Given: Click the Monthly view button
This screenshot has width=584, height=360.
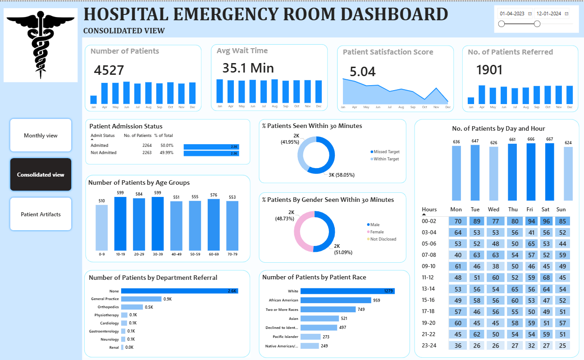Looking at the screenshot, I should pos(41,136).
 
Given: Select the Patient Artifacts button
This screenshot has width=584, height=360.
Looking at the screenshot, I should pos(41,214).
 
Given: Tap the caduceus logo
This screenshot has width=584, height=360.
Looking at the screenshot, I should pos(41,45).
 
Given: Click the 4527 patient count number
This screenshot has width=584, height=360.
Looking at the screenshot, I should pos(109,70).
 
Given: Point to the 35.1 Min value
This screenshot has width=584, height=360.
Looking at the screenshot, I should pos(248,68).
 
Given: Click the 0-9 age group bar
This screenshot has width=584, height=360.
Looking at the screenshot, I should pos(102,228).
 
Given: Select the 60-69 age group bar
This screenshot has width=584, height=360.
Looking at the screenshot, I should pos(214,224).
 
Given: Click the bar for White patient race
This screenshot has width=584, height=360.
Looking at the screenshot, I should pos(347,291).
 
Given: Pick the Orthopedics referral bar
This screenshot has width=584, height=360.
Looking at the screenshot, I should pos(132,307).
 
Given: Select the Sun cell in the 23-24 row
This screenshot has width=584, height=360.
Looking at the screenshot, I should pos(561,346).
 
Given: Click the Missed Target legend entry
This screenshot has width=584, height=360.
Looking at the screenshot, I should pos(386,152).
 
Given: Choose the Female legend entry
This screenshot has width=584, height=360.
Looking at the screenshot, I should pos(377,232).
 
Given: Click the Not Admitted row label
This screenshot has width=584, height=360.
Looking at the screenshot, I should pos(104,153).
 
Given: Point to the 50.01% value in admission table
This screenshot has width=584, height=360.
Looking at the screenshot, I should pos(161,146).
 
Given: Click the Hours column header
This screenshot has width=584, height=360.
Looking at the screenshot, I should pos(429,210).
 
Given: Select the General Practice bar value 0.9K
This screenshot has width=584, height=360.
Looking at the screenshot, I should pos(168,299).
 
